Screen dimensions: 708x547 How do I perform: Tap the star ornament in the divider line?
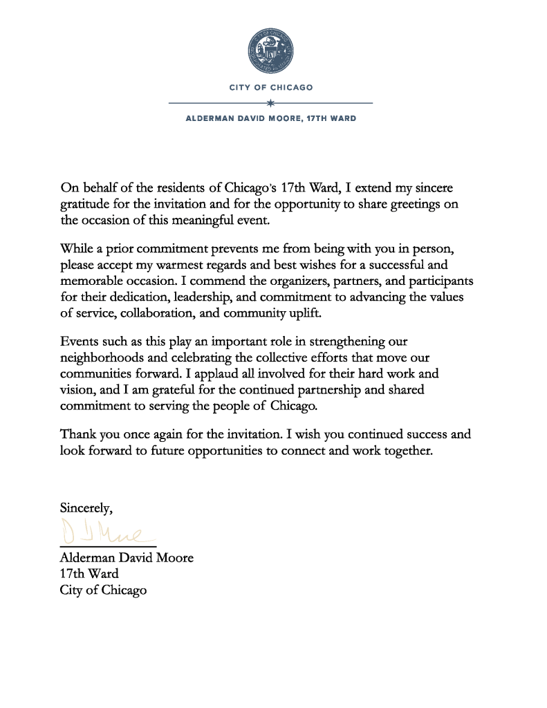click(270, 103)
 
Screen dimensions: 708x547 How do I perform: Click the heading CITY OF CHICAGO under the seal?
click(271, 88)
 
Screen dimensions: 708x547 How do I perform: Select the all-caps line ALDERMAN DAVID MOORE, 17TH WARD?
click(271, 118)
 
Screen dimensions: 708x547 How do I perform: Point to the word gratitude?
click(86, 205)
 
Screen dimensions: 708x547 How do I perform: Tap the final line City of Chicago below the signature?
click(103, 590)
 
